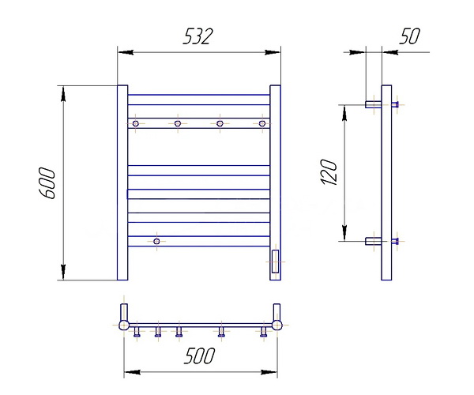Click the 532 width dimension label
coord(198,36)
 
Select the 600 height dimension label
coord(47,183)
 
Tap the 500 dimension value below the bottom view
coord(200,355)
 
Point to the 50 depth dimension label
coord(409,36)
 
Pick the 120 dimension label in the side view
coord(329,172)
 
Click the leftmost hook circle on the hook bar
coord(136,123)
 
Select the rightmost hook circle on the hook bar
coord(262,123)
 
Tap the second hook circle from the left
coord(178,123)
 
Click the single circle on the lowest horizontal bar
coord(156,241)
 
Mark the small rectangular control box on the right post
coord(275,261)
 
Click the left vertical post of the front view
coord(122,182)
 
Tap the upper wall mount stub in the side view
coord(374,104)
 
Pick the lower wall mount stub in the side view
coord(374,241)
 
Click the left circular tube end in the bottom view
coord(124,325)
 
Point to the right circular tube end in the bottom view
coord(277,325)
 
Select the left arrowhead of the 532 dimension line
coord(126,52)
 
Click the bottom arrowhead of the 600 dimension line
coord(63,272)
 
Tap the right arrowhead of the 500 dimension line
coord(269,372)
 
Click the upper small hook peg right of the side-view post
coord(395,104)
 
